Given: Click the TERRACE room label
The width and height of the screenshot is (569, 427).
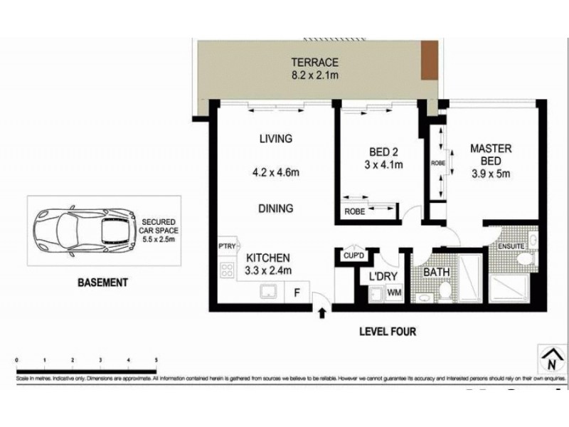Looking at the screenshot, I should click(x=314, y=62).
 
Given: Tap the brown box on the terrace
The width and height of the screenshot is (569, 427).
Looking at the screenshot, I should click(x=429, y=60).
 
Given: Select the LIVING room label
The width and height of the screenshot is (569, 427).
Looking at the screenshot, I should click(x=275, y=139).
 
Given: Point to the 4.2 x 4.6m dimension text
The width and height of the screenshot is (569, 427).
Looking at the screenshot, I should click(x=275, y=172).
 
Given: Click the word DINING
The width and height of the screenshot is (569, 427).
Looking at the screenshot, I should click(x=275, y=209).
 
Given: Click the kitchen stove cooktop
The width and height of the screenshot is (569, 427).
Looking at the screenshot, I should click(x=228, y=270).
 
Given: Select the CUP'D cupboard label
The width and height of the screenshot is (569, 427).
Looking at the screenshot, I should click(x=353, y=255).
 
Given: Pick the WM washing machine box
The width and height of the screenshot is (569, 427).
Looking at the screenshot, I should click(x=393, y=292).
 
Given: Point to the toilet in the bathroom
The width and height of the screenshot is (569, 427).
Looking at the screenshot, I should click(x=443, y=290).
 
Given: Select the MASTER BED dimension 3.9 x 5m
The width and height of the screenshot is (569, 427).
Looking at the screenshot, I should click(x=491, y=173).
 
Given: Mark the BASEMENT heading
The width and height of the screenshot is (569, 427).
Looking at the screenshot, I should click(x=102, y=283).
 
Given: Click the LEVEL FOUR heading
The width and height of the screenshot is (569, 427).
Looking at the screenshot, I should click(x=388, y=332).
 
